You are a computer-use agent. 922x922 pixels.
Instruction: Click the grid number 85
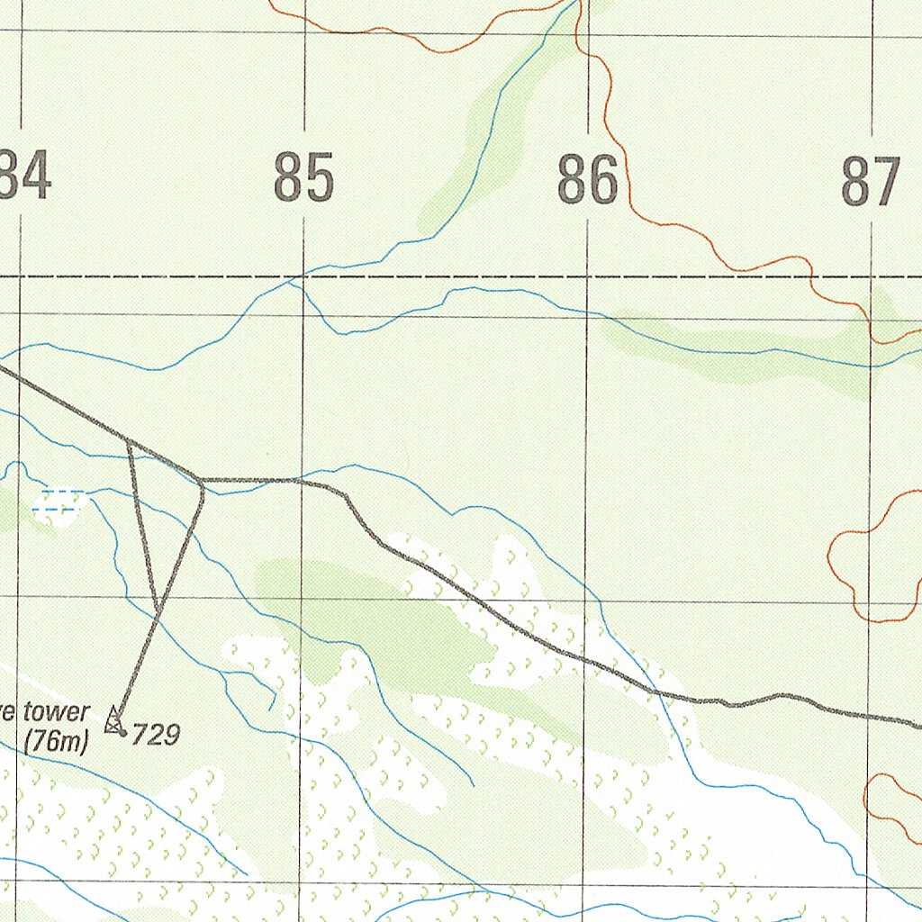coord(303,177)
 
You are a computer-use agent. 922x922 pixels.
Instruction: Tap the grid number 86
coord(587,179)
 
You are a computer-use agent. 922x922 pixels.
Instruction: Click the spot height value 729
coord(156,735)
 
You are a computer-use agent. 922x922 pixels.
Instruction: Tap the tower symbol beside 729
coord(113,720)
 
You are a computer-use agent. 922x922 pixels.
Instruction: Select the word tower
coord(56,713)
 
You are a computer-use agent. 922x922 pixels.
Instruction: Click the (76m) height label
coord(56,743)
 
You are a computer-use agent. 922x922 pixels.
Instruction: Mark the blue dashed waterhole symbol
coord(59,502)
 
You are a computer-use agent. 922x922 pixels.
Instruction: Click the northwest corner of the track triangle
coord(130,442)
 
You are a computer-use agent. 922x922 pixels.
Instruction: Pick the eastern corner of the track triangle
coord(202,482)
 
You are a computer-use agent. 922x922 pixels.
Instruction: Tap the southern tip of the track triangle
coord(158,612)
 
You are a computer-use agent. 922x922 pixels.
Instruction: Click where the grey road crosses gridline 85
coord(302,481)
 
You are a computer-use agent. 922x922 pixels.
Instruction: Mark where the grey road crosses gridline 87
coord(871,714)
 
